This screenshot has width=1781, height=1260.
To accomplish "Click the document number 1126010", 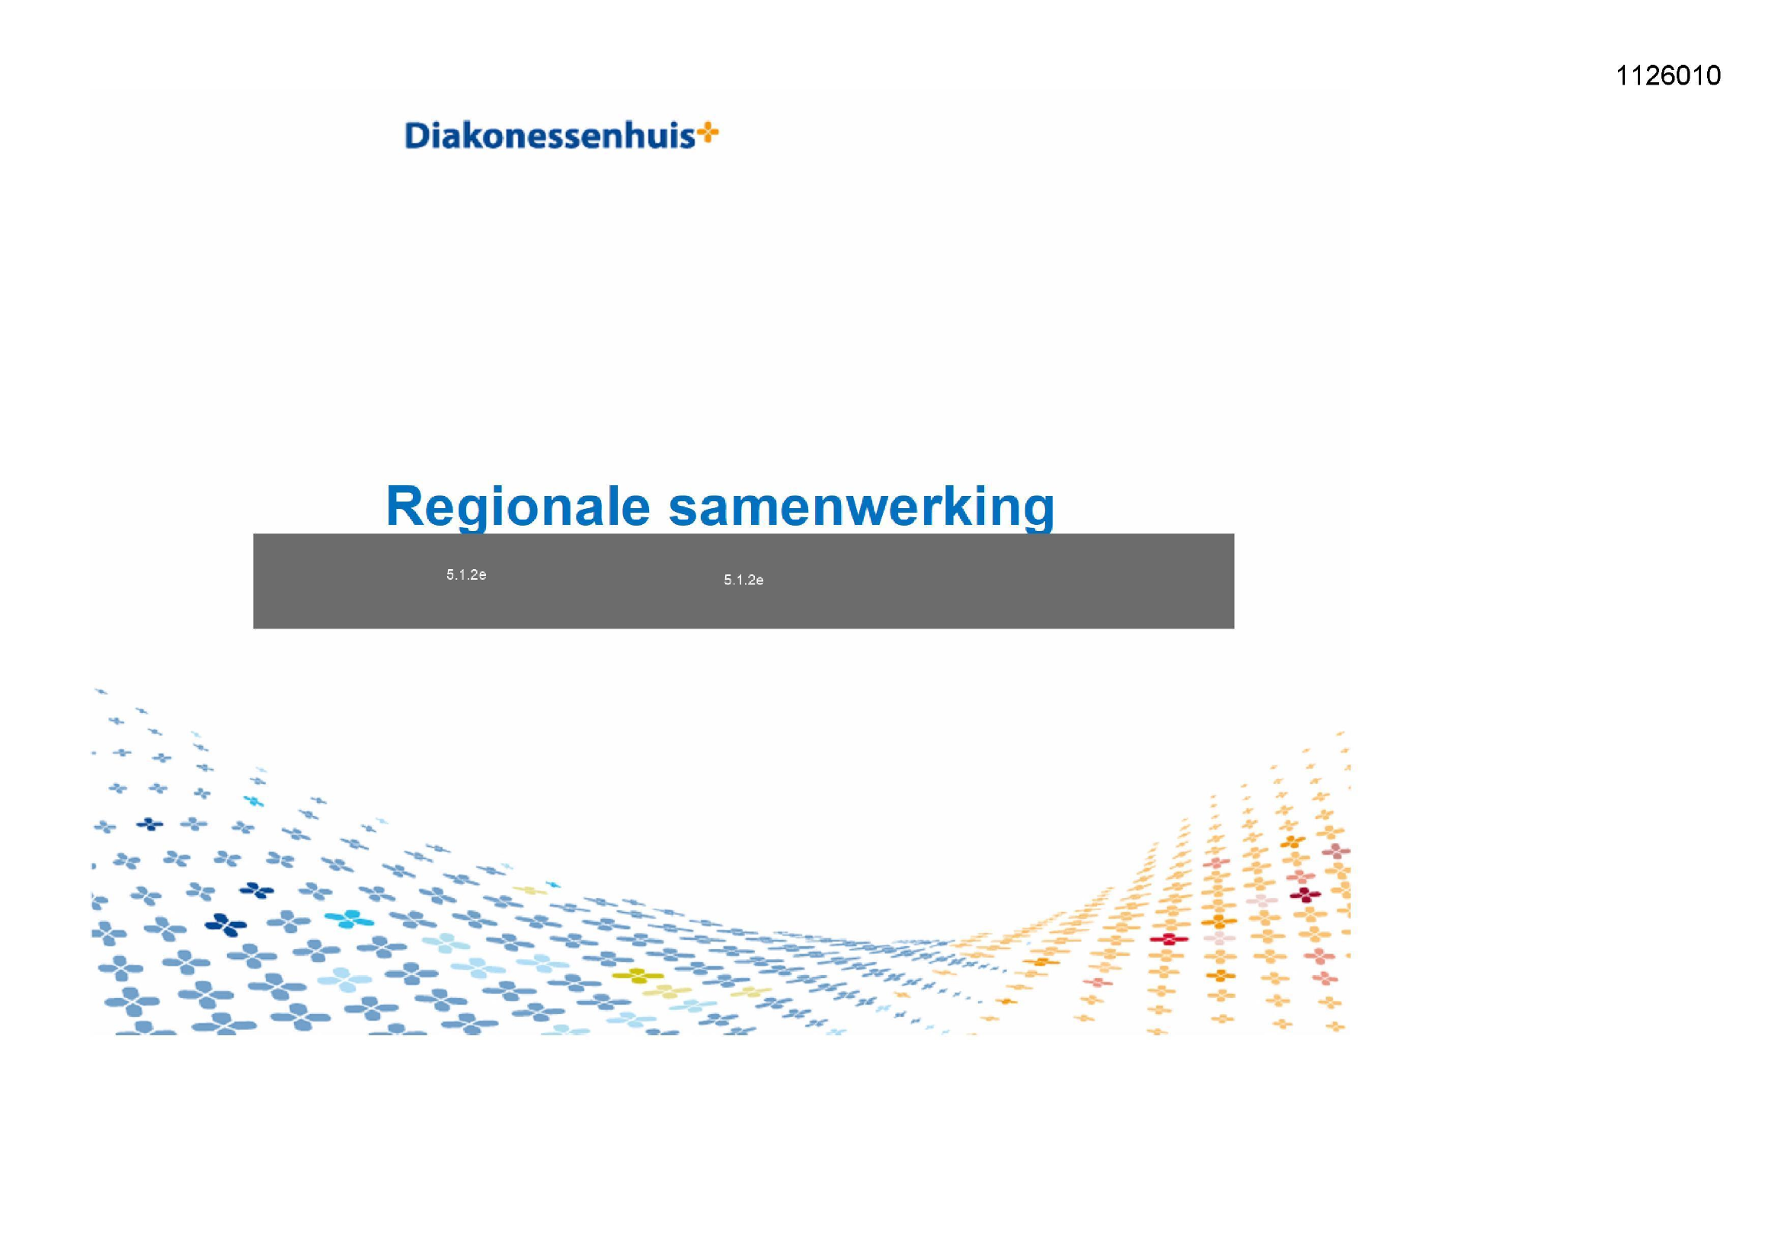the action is click(1667, 75).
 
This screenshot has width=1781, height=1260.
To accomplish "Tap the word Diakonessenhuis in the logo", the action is click(550, 136).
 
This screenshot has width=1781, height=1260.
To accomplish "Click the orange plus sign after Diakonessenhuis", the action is click(708, 133).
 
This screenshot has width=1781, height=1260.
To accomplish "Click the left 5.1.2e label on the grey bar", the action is click(466, 575).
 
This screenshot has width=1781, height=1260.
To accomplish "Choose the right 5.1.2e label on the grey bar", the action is click(744, 580).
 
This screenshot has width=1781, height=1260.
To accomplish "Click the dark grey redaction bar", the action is click(743, 581).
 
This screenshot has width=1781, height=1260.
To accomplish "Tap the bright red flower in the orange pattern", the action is click(1169, 939).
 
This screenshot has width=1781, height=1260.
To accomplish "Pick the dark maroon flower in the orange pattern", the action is click(1305, 894).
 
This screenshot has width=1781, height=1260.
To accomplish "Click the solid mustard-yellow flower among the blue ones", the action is click(638, 975).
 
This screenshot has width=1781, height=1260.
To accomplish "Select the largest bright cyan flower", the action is click(349, 919).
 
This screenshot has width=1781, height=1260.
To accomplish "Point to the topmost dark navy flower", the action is click(150, 824).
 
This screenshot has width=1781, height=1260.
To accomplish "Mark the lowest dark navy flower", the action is click(225, 924).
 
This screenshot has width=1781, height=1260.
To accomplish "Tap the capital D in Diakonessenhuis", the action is click(417, 136).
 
